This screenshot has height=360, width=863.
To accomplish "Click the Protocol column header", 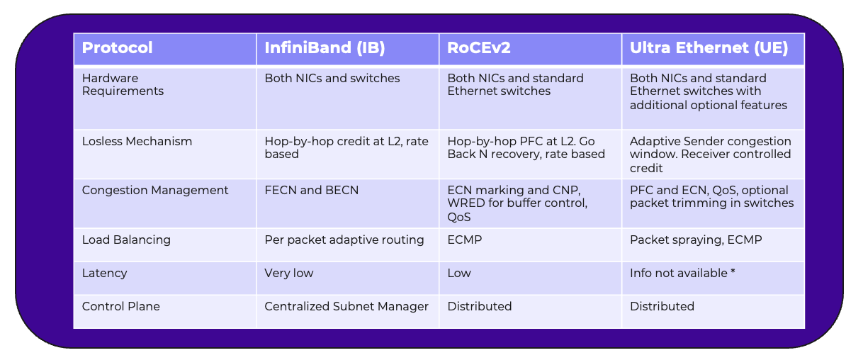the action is (117, 47).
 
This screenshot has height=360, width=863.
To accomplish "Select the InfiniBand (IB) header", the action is (325, 48).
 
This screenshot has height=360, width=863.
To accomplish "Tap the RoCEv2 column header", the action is (479, 47).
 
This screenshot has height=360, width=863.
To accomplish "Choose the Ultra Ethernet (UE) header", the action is (709, 48).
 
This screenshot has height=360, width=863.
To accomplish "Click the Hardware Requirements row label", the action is (123, 84).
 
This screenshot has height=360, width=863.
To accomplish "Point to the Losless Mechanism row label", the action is (137, 141).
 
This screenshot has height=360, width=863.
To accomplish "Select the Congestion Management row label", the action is (155, 191).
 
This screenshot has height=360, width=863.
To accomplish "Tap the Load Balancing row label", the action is (126, 240).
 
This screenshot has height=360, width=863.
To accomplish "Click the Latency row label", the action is (104, 274).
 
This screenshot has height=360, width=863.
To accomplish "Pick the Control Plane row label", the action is (120, 306).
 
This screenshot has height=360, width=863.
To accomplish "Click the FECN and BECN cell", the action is (311, 190).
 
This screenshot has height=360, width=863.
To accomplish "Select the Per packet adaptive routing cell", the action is (344, 240).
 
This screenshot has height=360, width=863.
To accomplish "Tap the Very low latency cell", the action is (289, 274).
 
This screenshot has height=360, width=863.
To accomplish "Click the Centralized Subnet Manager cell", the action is (346, 306).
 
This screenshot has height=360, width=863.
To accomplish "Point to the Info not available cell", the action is (682, 273).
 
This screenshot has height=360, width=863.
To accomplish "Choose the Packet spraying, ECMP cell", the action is (696, 240).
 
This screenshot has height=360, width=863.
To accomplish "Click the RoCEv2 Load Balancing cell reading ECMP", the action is (465, 240).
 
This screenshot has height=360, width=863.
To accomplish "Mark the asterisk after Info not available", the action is (733, 271).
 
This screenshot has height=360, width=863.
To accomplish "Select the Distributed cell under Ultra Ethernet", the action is (662, 306).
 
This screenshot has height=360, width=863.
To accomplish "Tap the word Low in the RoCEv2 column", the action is (459, 273).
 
